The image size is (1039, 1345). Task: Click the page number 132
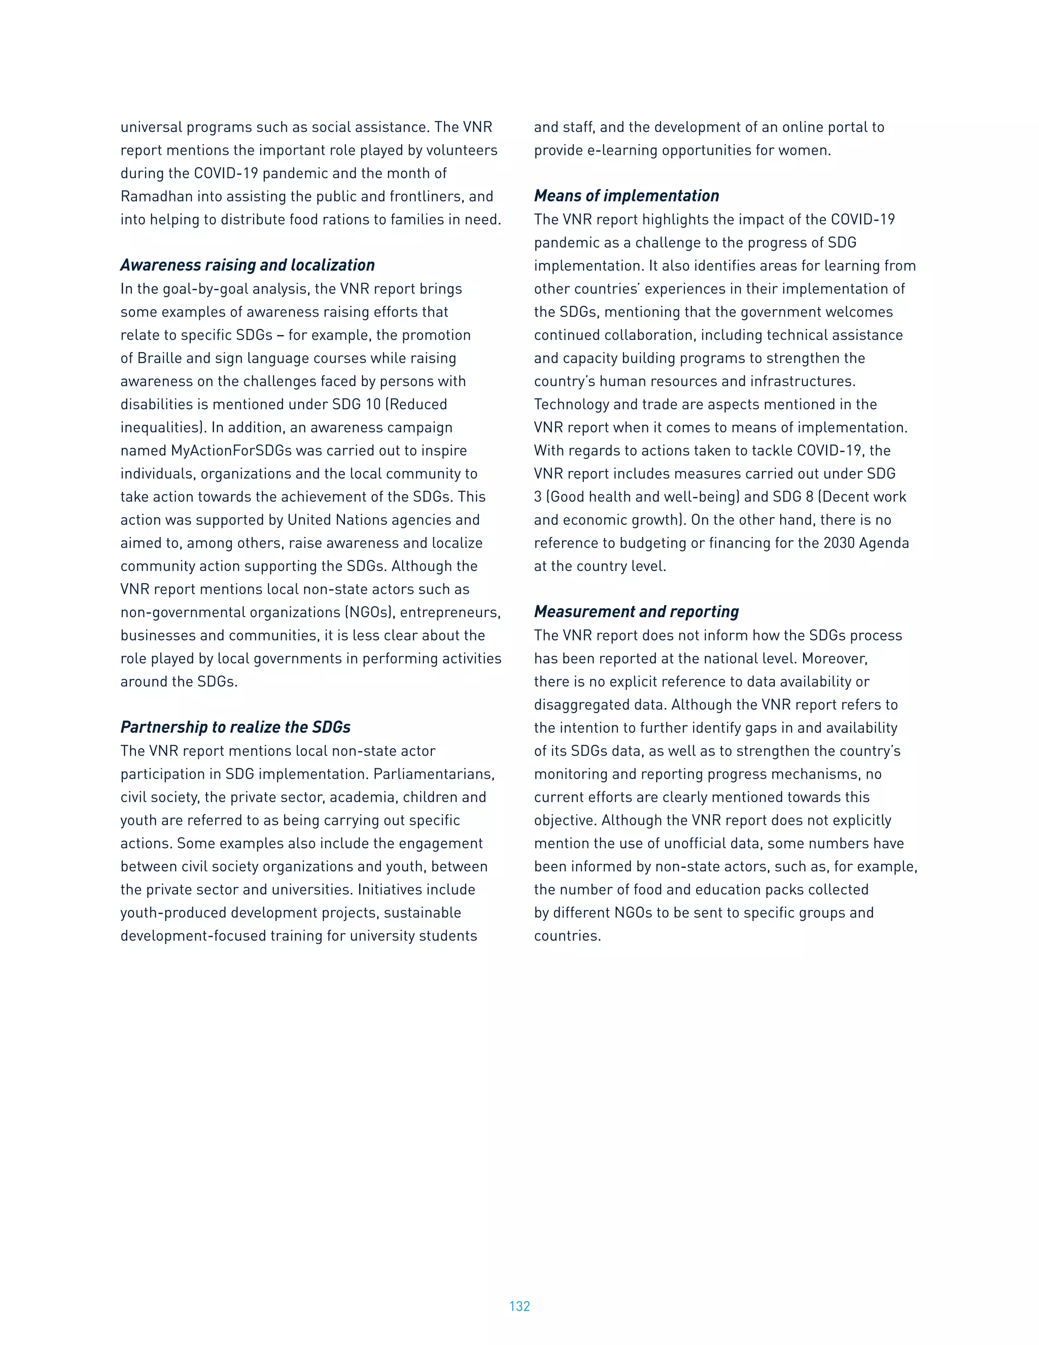tap(519, 1306)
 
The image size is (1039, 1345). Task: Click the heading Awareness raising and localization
tap(248, 265)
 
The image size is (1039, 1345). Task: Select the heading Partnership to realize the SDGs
tap(235, 727)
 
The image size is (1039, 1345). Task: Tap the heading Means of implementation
tap(626, 196)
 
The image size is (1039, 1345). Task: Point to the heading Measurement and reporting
tap(636, 612)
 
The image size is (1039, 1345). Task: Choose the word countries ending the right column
tap(566, 935)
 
